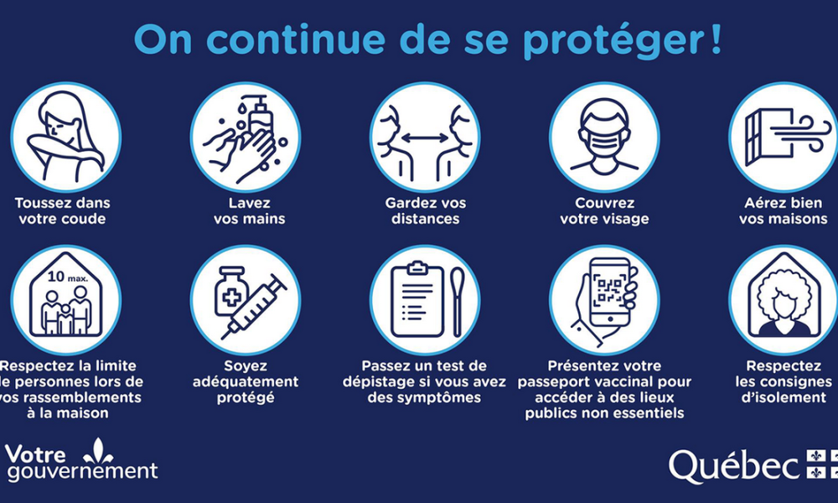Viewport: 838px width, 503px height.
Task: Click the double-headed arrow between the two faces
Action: pos(425,136)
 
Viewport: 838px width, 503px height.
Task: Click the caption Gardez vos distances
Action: pos(425,211)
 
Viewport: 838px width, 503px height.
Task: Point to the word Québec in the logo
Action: pos(734,466)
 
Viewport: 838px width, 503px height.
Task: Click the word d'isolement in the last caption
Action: pos(783,397)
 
